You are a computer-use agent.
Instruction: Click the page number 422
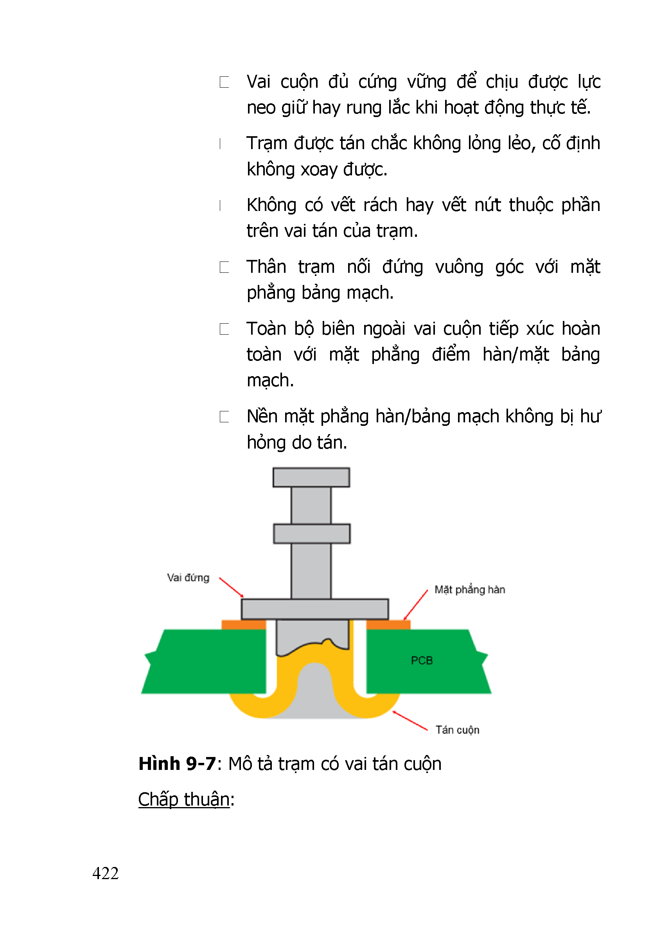point(106,873)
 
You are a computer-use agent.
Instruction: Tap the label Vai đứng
point(188,578)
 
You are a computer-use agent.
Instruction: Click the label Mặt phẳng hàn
point(469,589)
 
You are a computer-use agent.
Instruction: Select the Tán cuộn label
point(457,730)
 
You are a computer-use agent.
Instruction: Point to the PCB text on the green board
point(422,661)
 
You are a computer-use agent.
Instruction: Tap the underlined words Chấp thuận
point(184,799)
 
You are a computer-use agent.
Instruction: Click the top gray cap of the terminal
point(311,477)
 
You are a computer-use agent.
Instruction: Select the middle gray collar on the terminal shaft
point(312,534)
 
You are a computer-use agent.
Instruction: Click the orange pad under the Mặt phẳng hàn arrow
point(388,625)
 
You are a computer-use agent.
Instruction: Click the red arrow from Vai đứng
point(231,587)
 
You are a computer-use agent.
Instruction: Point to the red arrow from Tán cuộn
point(410,721)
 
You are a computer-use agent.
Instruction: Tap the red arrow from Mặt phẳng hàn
point(415,605)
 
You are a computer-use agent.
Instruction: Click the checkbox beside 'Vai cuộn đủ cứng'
point(225,82)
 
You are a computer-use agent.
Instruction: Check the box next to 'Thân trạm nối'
point(225,267)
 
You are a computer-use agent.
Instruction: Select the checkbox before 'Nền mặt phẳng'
point(225,416)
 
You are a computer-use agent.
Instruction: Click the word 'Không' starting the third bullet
point(271,205)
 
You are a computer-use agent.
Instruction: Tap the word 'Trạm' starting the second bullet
point(266,143)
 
